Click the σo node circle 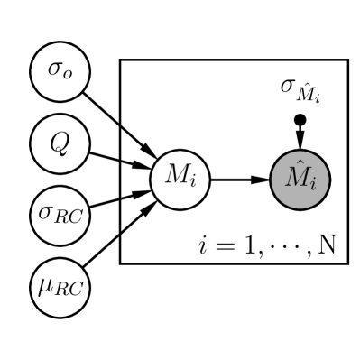click(55, 70)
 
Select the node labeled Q click(55, 143)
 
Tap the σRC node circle click(55, 215)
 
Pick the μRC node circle click(55, 287)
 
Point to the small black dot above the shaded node click(299, 119)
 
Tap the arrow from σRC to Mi click(117, 197)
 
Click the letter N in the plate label click(326, 245)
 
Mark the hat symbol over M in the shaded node click(297, 165)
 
